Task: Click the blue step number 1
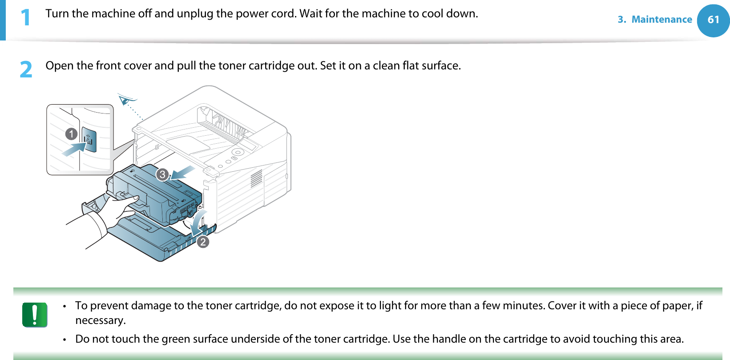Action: point(25,17)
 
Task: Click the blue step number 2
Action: point(26,69)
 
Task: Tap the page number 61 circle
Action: point(713,20)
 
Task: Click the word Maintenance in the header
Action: point(661,20)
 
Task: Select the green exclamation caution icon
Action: point(35,315)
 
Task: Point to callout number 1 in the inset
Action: point(71,133)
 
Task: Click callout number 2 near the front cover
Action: point(203,242)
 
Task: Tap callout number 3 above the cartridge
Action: point(162,174)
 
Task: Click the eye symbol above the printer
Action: point(127,100)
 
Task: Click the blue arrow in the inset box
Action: point(74,149)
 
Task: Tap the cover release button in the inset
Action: point(89,140)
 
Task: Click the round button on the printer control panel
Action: point(238,152)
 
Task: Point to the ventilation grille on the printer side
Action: point(256,178)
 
